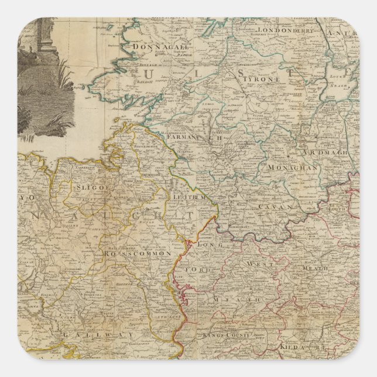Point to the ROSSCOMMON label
pyautogui.click(x=137, y=254)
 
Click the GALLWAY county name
pyautogui.click(x=104, y=333)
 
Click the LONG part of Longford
pyautogui.click(x=207, y=244)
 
